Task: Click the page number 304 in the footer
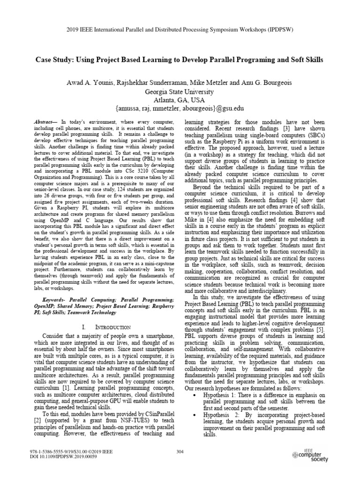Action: point(180,451)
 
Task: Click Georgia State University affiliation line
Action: point(180,91)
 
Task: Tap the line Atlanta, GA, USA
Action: point(180,100)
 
